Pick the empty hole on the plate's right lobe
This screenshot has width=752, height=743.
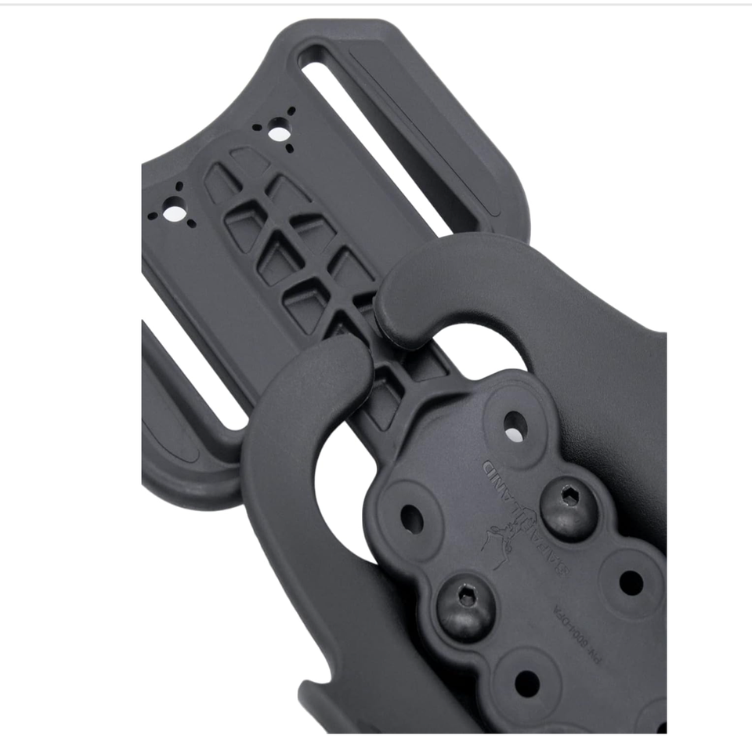tap(631, 582)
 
